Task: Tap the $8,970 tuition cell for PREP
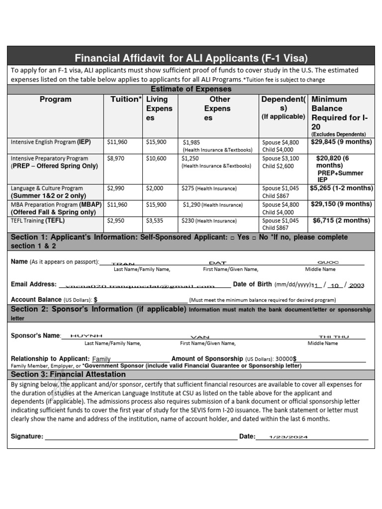pos(117,158)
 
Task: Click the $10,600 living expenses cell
pos(156,158)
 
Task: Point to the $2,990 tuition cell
pos(117,188)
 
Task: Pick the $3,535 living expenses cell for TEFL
pos(156,220)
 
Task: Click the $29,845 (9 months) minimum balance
pos(341,142)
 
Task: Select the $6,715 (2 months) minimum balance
pos(341,220)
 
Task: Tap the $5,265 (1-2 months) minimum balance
pos(341,188)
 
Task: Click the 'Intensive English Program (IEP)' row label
pos(51,142)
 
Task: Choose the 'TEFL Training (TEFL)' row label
pos(38,220)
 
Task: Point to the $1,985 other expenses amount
pos(192,142)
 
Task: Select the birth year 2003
pos(357,285)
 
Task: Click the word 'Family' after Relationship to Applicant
pos(101,359)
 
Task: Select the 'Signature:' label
pos(27,436)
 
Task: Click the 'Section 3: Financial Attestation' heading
pos(69,374)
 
